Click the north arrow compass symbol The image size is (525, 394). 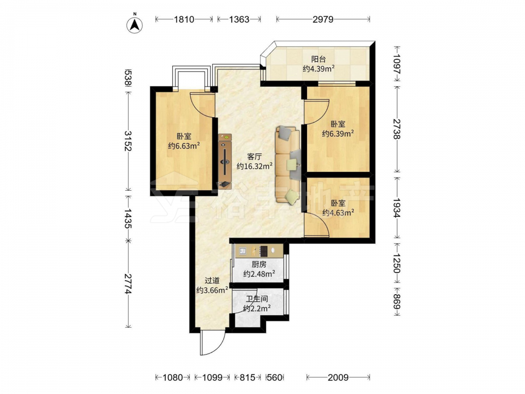134,24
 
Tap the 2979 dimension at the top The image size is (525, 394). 323,19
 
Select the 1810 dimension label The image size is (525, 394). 184,19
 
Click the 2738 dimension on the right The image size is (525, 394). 397,129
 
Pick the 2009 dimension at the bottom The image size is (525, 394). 338,378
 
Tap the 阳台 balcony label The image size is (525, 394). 319,59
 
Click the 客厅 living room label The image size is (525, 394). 254,157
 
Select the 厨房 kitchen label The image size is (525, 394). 259,264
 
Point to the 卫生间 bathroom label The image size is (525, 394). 257,299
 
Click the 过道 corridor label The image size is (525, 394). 212,281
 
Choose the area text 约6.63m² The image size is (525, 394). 184,146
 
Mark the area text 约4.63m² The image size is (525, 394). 338,212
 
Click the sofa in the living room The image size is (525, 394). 288,165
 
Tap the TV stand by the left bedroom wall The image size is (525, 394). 225,161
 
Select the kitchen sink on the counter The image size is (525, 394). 243,251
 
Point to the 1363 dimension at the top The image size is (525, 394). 239,19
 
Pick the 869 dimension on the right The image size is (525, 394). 397,302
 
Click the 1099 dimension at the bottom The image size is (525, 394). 212,378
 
